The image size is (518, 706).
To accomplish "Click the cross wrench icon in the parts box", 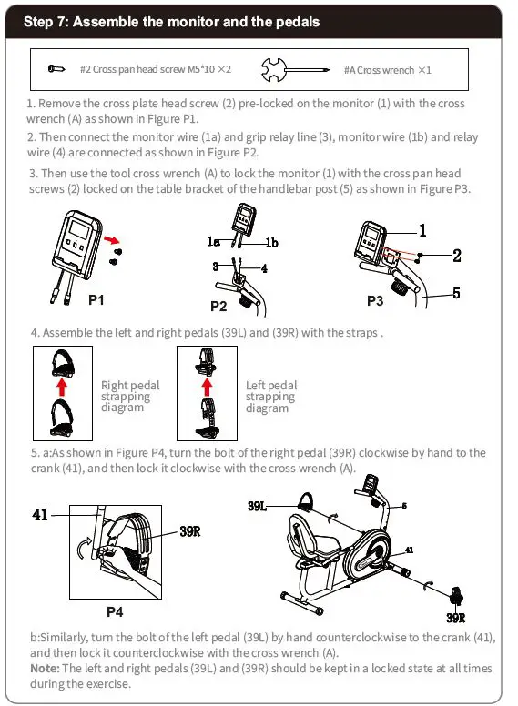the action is pyautogui.click(x=295, y=70).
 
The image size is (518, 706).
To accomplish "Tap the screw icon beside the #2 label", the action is pyautogui.click(x=56, y=69).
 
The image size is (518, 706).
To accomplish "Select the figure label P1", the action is pyautogui.click(x=96, y=300).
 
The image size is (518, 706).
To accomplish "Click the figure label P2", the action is pyautogui.click(x=218, y=307).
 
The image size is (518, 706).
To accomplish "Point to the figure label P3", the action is pyautogui.click(x=375, y=300).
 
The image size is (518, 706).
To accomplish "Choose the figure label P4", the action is pyautogui.click(x=115, y=612).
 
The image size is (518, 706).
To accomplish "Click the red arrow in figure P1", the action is pyautogui.click(x=112, y=240).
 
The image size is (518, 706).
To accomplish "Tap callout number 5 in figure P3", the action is pyautogui.click(x=456, y=293).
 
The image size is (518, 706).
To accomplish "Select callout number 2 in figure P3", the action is pyautogui.click(x=457, y=256).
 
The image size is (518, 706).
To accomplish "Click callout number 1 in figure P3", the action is pyautogui.click(x=422, y=230).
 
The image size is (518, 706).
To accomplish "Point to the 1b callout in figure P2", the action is pyautogui.click(x=271, y=243).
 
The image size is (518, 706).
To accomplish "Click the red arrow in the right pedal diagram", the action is pyautogui.click(x=62, y=388).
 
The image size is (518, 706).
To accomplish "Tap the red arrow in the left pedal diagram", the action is pyautogui.click(x=207, y=388).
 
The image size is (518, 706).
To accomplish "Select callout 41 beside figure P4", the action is pyautogui.click(x=40, y=515).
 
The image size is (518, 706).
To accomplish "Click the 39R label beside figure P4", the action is pyautogui.click(x=190, y=531).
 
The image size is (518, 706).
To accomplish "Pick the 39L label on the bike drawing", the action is pyautogui.click(x=257, y=506).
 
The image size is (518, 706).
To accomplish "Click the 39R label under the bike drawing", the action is pyautogui.click(x=456, y=618).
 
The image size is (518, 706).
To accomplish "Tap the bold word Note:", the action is pyautogui.click(x=45, y=668).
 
